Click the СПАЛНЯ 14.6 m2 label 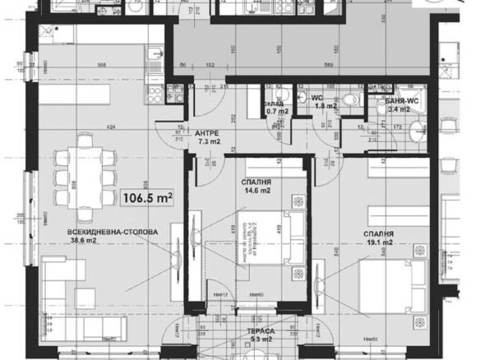(x=258, y=187)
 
